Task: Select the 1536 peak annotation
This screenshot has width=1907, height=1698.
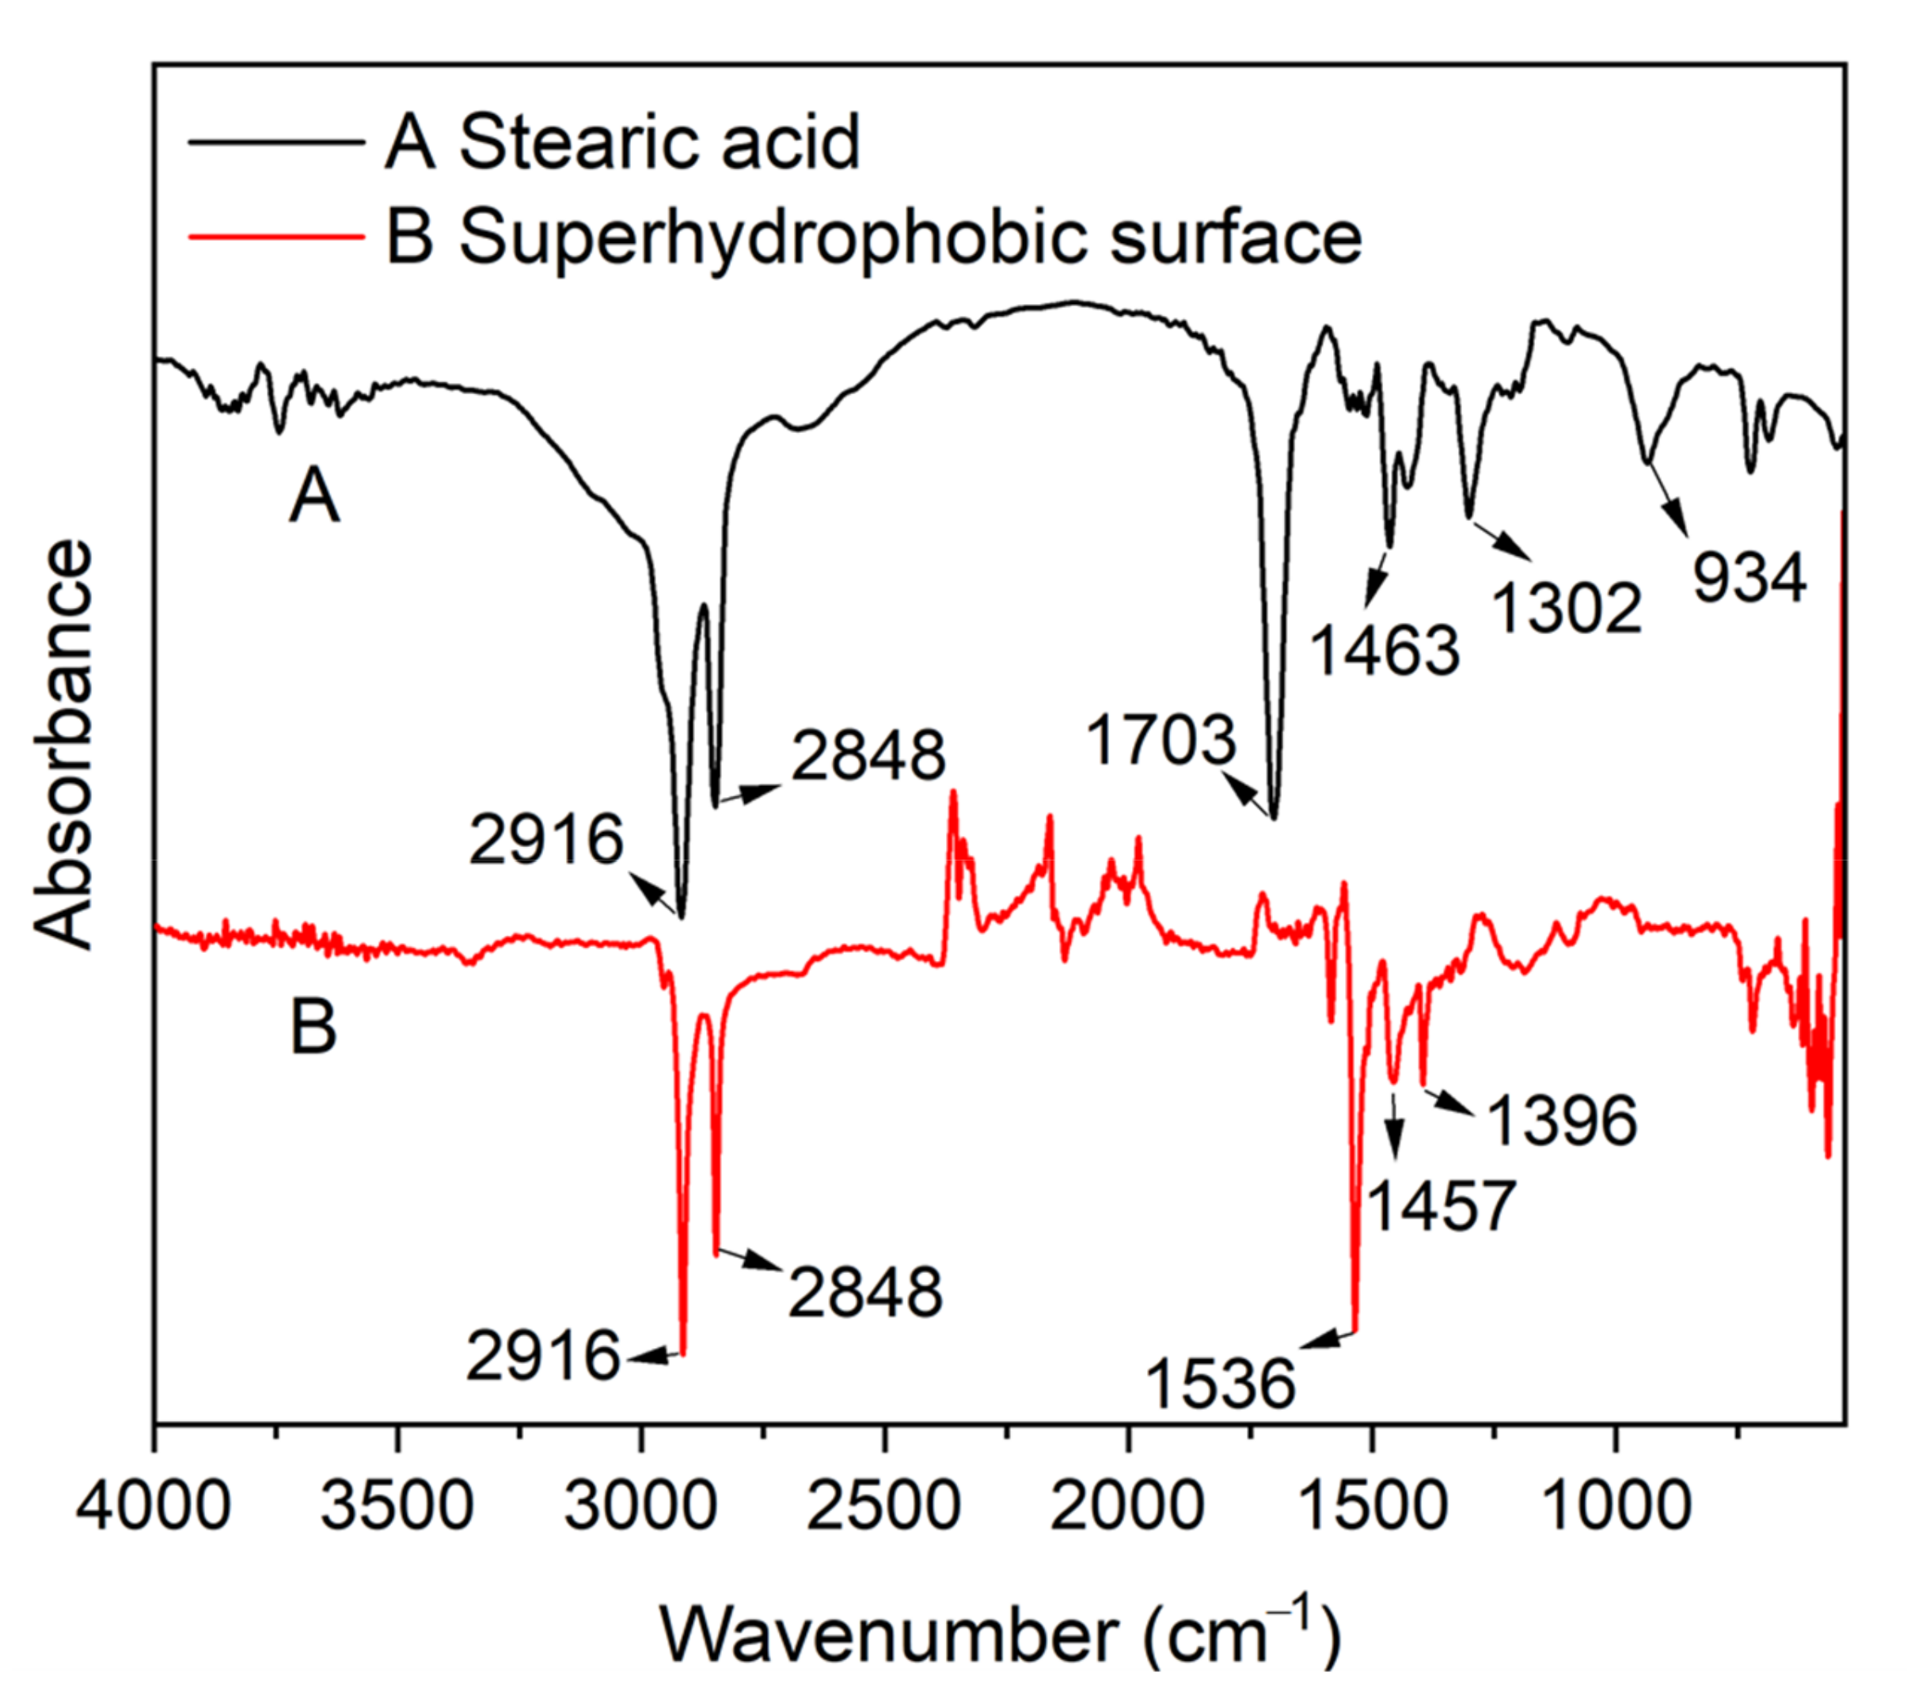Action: click(x=1221, y=1384)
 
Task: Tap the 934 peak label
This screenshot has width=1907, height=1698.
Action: click(x=1749, y=579)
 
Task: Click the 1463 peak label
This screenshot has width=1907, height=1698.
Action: click(x=1385, y=649)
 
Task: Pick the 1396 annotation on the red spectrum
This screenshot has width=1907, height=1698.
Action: click(x=1562, y=1119)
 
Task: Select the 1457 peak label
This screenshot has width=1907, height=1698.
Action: click(x=1442, y=1206)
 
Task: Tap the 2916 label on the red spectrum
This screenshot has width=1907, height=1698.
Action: click(x=543, y=1355)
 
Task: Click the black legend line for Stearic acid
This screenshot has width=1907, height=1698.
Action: click(x=275, y=142)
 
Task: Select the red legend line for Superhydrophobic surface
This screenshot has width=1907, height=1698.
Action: click(x=275, y=236)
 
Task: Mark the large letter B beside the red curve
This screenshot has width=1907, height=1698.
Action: click(x=313, y=1028)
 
